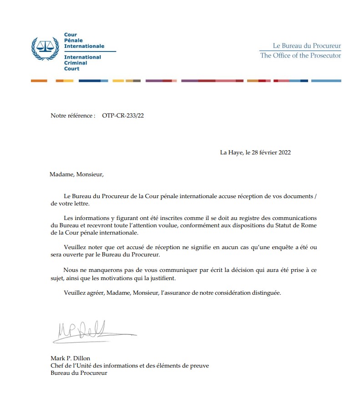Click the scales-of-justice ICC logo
pyautogui.click(x=44, y=48)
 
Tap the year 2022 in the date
pyautogui.click(x=284, y=153)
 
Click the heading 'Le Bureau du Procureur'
pyautogui.click(x=306, y=46)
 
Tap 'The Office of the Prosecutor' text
pyautogui.click(x=300, y=56)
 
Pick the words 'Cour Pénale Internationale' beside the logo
pyautogui.click(x=84, y=41)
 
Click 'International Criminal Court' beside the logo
pyautogui.click(x=82, y=63)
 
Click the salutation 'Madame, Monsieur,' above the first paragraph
pyautogui.click(x=77, y=174)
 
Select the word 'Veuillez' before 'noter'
pyautogui.click(x=75, y=246)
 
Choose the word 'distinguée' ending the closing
pyautogui.click(x=267, y=293)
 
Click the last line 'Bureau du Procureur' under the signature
pyautogui.click(x=79, y=373)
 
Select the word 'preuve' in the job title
pyautogui.click(x=199, y=365)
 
